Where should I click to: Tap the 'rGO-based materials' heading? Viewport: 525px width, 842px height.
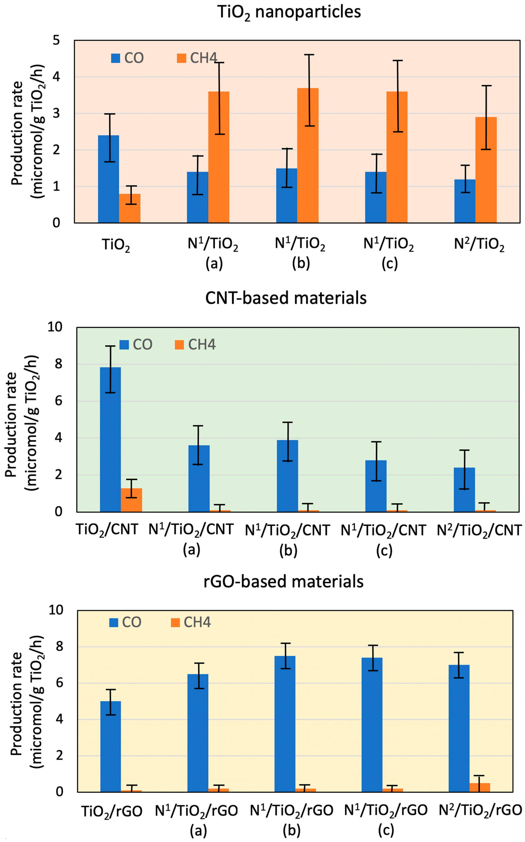coord(283,581)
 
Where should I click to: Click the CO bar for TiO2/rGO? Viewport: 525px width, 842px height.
coord(110,747)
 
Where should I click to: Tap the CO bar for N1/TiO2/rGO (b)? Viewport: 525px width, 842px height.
coord(285,724)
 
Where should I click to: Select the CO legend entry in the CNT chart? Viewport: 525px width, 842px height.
coord(136,344)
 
